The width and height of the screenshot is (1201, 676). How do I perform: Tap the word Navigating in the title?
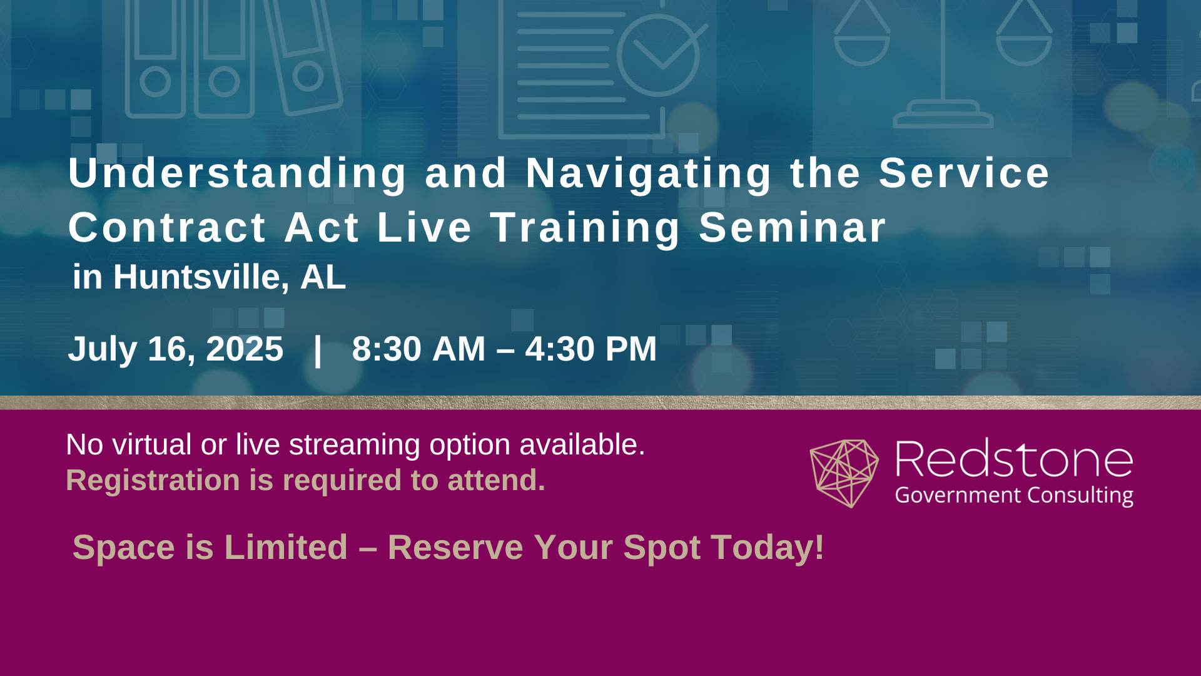click(x=649, y=173)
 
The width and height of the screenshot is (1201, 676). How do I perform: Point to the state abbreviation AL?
click(x=323, y=277)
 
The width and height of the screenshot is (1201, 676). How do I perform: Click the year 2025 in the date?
click(x=245, y=349)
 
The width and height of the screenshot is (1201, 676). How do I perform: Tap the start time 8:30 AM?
click(x=418, y=349)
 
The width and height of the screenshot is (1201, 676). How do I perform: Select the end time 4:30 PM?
click(x=591, y=349)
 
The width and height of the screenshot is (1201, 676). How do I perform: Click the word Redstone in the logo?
click(x=1014, y=460)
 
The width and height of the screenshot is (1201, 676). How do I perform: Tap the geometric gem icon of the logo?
click(x=844, y=473)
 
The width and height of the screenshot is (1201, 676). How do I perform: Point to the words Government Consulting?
click(x=1014, y=495)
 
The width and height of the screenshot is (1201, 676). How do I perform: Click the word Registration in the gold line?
click(x=153, y=481)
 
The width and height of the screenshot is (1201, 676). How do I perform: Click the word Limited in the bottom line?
click(x=285, y=548)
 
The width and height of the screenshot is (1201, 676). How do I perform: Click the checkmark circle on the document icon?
click(x=658, y=55)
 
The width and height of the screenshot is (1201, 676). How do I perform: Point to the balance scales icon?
click(x=943, y=63)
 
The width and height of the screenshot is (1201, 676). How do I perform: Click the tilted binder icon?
click(x=302, y=56)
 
